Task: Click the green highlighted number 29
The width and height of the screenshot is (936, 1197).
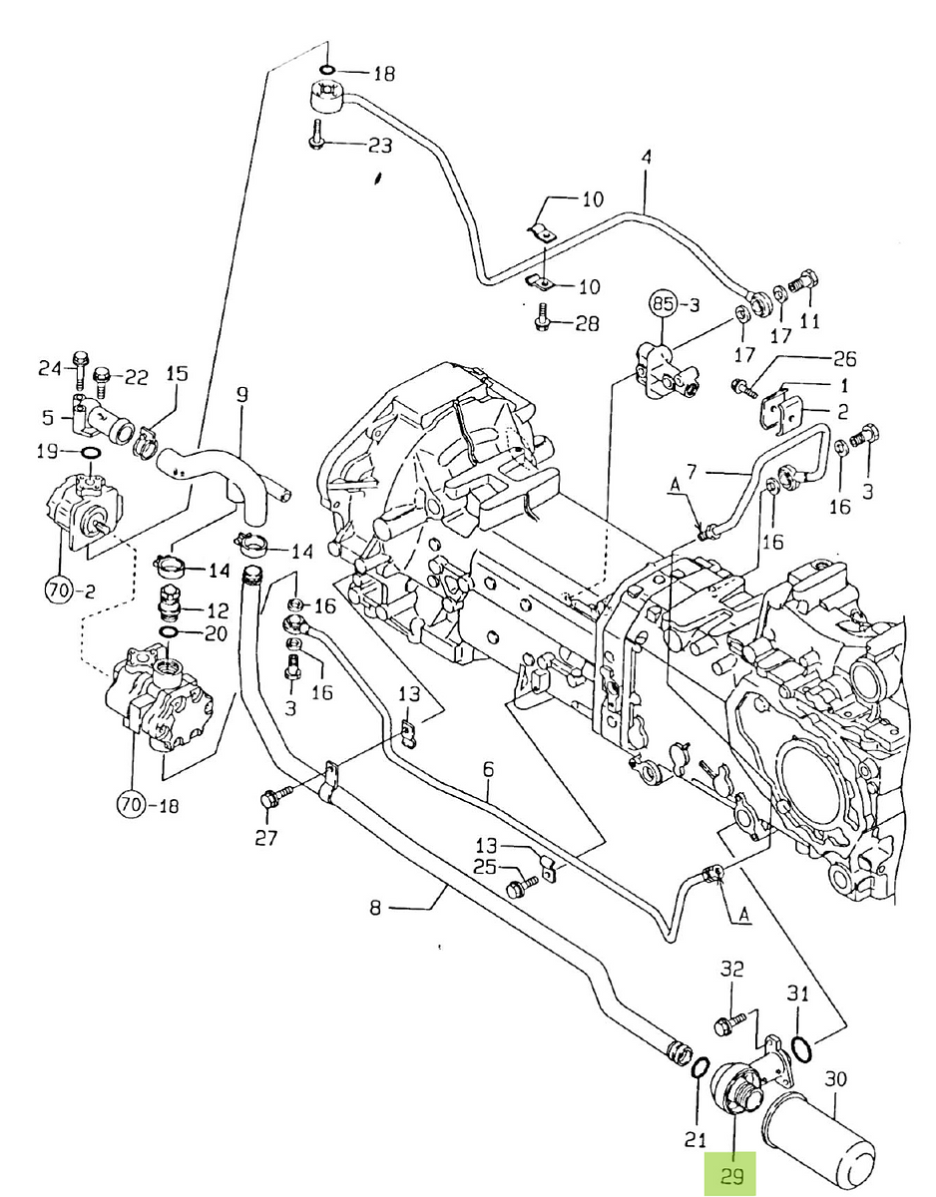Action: point(732,1176)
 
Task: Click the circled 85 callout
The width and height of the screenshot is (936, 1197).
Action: point(665,303)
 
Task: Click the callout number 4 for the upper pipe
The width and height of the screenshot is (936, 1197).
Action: point(646,158)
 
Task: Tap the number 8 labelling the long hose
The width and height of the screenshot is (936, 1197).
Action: point(375,908)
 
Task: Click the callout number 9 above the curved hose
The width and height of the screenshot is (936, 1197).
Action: point(241,395)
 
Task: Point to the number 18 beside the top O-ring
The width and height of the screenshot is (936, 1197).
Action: point(384,73)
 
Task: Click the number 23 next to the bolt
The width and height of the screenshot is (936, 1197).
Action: point(380,146)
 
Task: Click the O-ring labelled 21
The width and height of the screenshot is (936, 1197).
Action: point(702,1070)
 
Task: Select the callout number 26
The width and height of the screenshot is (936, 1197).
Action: point(844,358)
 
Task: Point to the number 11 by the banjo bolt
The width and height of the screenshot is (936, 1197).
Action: point(809,321)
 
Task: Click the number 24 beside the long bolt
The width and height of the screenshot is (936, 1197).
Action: point(51,368)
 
